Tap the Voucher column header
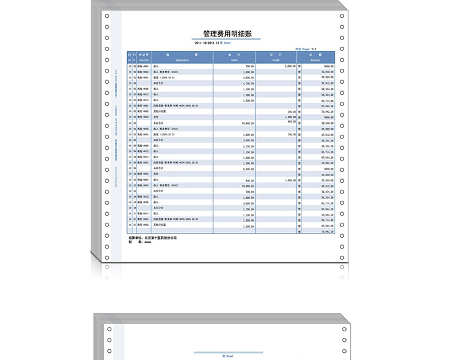(144, 58)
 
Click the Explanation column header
(178, 58)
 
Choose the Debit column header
(234, 58)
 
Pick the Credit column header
(276, 58)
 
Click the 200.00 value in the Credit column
(292, 111)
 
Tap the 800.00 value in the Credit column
(292, 122)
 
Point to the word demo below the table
(147, 243)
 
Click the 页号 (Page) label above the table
(302, 49)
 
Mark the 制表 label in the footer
(134, 243)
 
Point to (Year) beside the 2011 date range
(227, 43)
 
